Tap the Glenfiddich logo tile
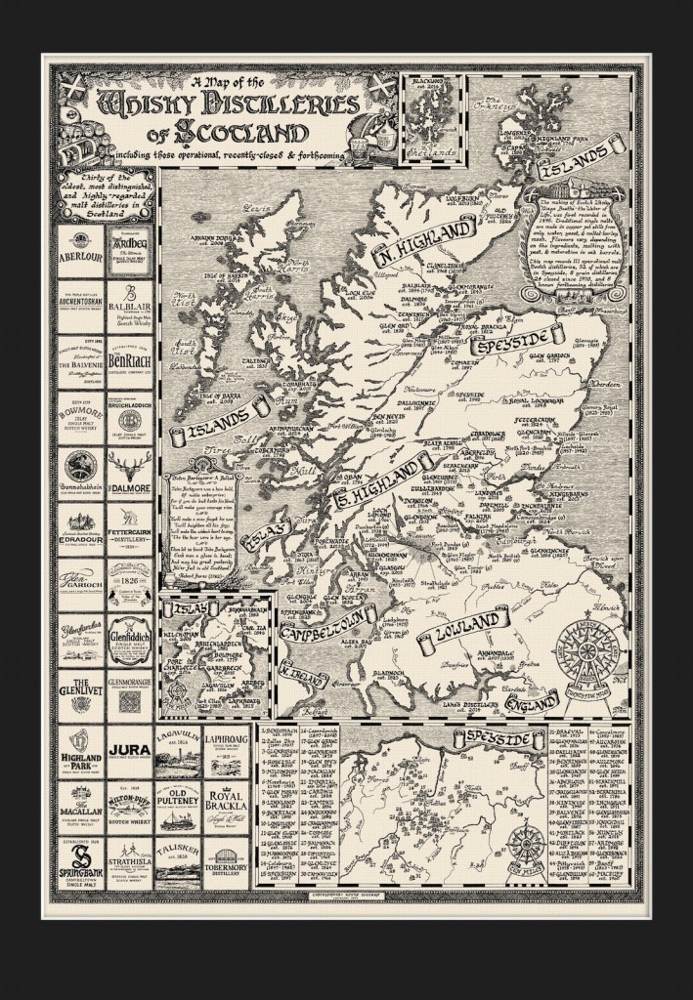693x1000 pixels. tap(129, 635)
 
